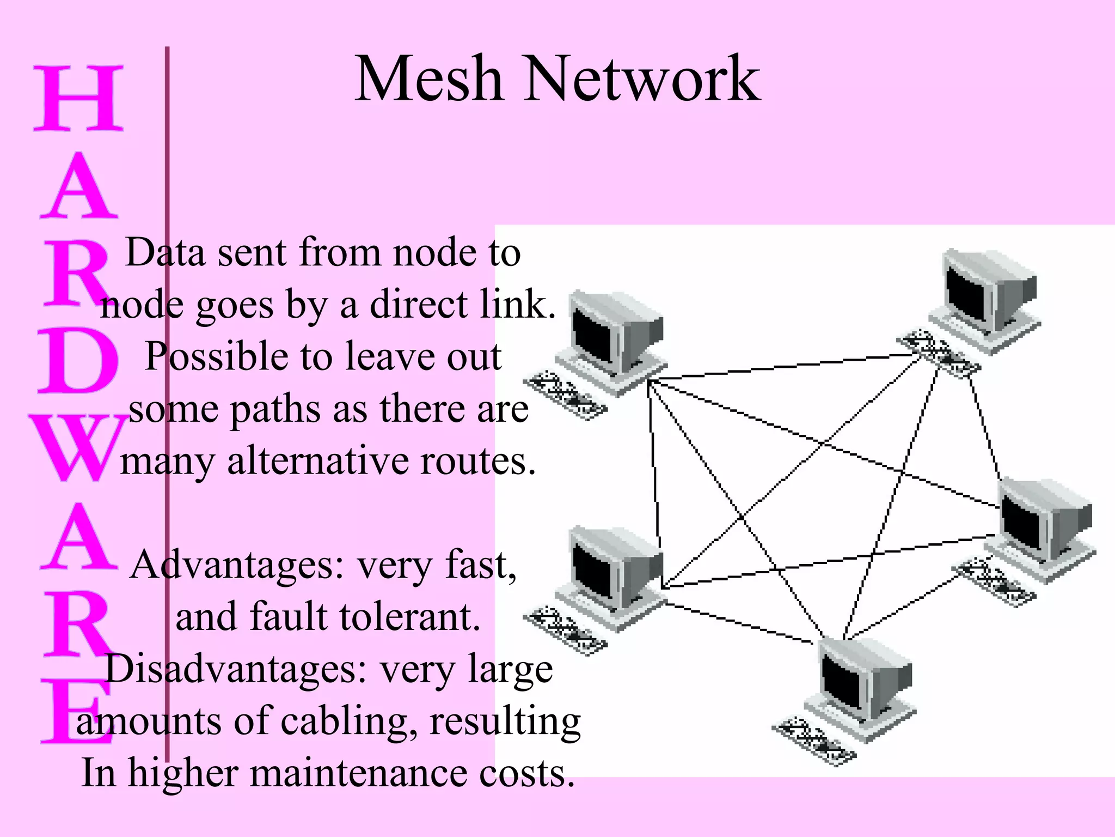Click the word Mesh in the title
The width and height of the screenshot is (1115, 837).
pyautogui.click(x=428, y=80)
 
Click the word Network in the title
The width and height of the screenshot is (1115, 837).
pyautogui.click(x=641, y=80)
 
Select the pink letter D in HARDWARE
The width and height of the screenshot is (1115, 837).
pyautogui.click(x=78, y=361)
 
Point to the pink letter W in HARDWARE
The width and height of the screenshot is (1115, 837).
pyautogui.click(x=78, y=448)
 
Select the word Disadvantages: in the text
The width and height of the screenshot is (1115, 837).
pyautogui.click(x=235, y=669)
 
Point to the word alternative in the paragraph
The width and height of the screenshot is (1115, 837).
pyautogui.click(x=318, y=461)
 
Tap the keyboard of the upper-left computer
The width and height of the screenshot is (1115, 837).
pyautogui.click(x=565, y=395)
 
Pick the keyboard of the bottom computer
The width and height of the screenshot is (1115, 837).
pyautogui.click(x=814, y=741)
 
